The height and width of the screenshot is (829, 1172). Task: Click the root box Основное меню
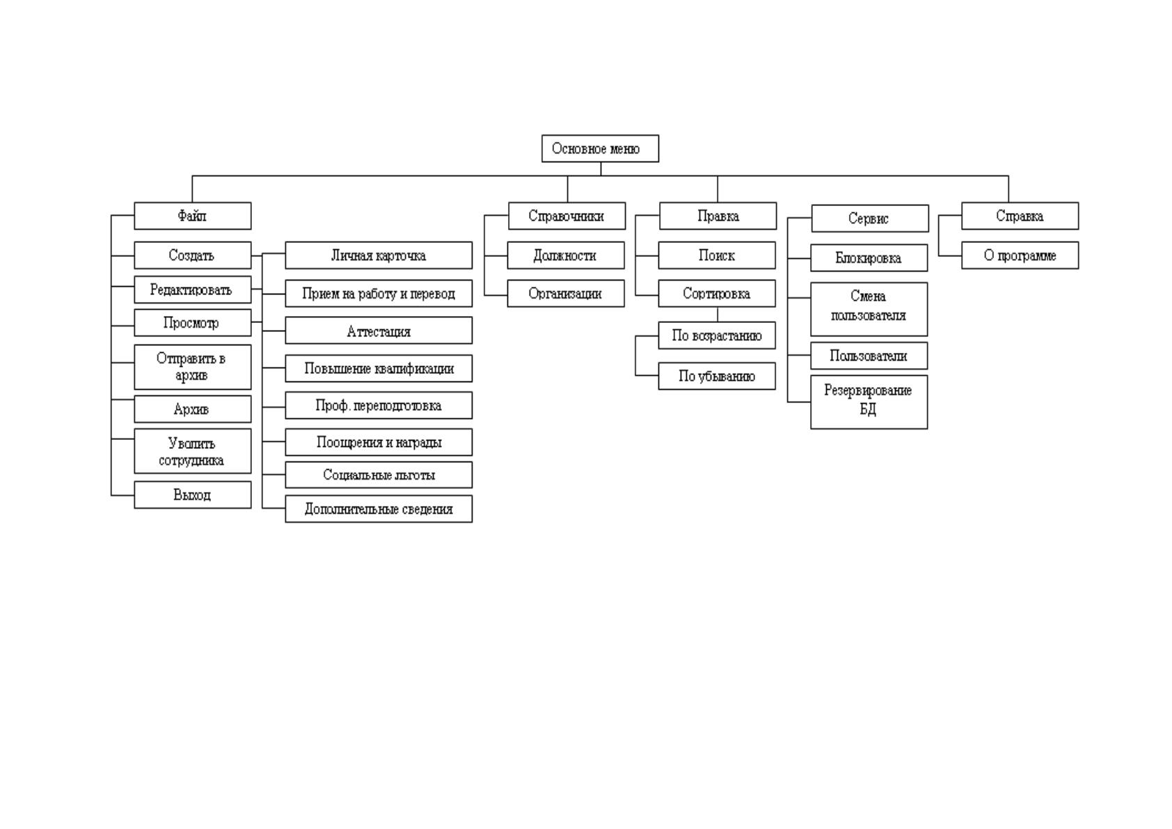point(600,149)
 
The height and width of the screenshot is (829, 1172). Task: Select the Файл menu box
point(193,216)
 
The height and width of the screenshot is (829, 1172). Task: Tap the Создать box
point(193,255)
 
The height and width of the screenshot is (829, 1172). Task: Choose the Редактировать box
point(193,290)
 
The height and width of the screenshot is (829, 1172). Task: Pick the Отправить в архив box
point(193,367)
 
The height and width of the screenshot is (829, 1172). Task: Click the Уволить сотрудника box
point(193,451)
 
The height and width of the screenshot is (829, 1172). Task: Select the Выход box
point(193,495)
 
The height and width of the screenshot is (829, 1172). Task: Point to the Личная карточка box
point(379,255)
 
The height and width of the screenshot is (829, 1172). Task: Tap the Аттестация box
point(379,330)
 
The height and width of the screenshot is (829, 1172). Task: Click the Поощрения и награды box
point(379,442)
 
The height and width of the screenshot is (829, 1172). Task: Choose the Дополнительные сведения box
point(379,509)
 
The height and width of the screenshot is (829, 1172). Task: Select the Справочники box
point(567,216)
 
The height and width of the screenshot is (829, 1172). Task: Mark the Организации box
point(566,293)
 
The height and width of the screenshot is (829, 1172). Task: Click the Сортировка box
point(717,293)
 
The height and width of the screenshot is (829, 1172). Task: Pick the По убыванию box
point(717,376)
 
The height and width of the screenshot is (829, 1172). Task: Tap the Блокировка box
point(869,258)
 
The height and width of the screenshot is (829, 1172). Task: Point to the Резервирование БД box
point(869,402)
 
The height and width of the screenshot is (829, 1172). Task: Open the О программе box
point(1020,255)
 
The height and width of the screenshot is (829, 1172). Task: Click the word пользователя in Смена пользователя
point(869,316)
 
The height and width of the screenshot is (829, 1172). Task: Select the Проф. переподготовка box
point(379,406)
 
